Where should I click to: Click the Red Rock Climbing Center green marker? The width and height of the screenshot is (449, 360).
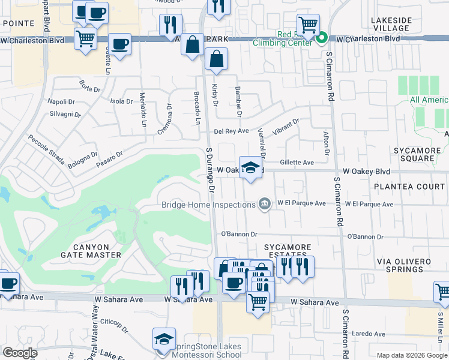click(322, 40)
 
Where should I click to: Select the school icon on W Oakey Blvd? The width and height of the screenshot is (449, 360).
click(251, 167)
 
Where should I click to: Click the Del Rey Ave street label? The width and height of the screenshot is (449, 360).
click(232, 131)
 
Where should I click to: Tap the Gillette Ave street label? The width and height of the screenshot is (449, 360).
click(297, 163)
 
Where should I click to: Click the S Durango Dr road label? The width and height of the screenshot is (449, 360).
click(210, 171)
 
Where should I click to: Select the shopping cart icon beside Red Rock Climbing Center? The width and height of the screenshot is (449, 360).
click(308, 26)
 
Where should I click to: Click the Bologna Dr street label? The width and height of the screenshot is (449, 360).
click(83, 159)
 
